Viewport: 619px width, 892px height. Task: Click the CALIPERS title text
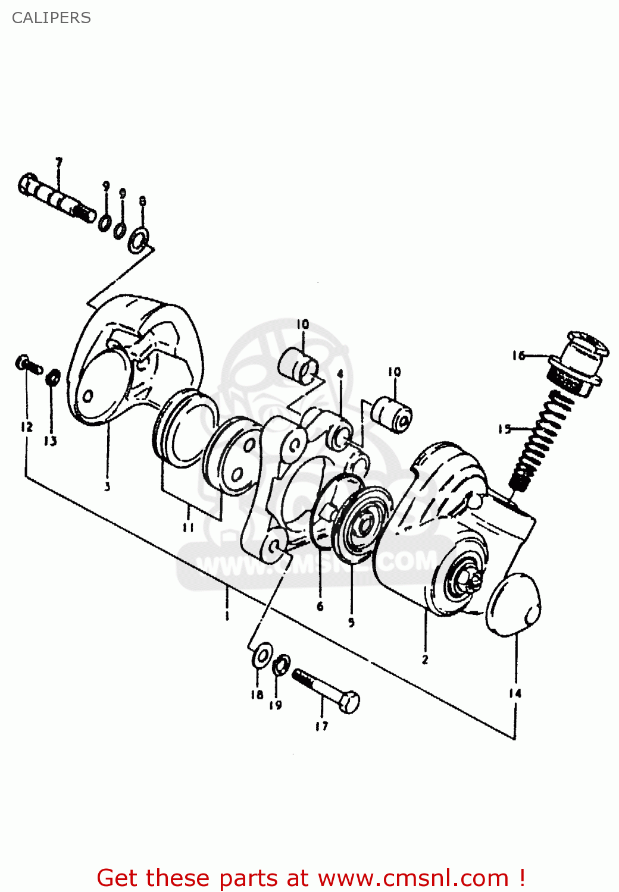pyautogui.click(x=51, y=18)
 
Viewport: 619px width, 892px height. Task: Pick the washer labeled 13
pyautogui.click(x=53, y=376)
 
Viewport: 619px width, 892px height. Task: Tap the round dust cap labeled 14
pyautogui.click(x=514, y=605)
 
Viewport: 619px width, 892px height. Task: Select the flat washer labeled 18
pyautogui.click(x=262, y=655)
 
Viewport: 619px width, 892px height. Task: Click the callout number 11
pyautogui.click(x=188, y=527)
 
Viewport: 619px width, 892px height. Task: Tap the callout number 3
pyautogui.click(x=107, y=486)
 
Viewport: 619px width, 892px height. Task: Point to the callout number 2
pyautogui.click(x=425, y=659)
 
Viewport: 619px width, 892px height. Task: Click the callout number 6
pyautogui.click(x=320, y=606)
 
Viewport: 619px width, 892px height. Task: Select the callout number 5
pyautogui.click(x=351, y=623)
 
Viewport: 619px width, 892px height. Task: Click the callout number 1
pyautogui.click(x=227, y=614)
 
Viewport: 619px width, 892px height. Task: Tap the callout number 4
pyautogui.click(x=340, y=374)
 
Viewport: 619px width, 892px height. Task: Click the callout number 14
pyautogui.click(x=515, y=693)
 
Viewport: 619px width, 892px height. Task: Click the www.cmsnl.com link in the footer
pyautogui.click(x=413, y=878)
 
